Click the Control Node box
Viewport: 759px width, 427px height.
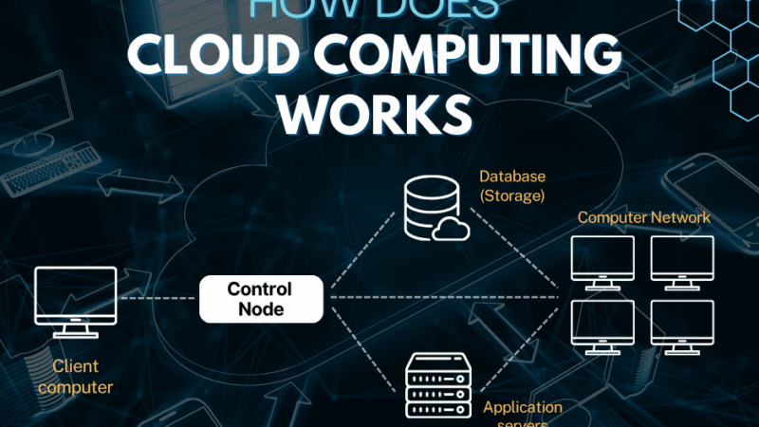tap(260, 299)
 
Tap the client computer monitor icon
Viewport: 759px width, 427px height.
tap(75, 297)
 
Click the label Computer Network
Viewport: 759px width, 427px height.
tap(643, 217)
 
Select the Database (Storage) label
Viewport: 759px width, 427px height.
tap(511, 186)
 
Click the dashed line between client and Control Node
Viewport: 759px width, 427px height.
tap(157, 297)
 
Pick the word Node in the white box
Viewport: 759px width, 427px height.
tap(260, 308)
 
